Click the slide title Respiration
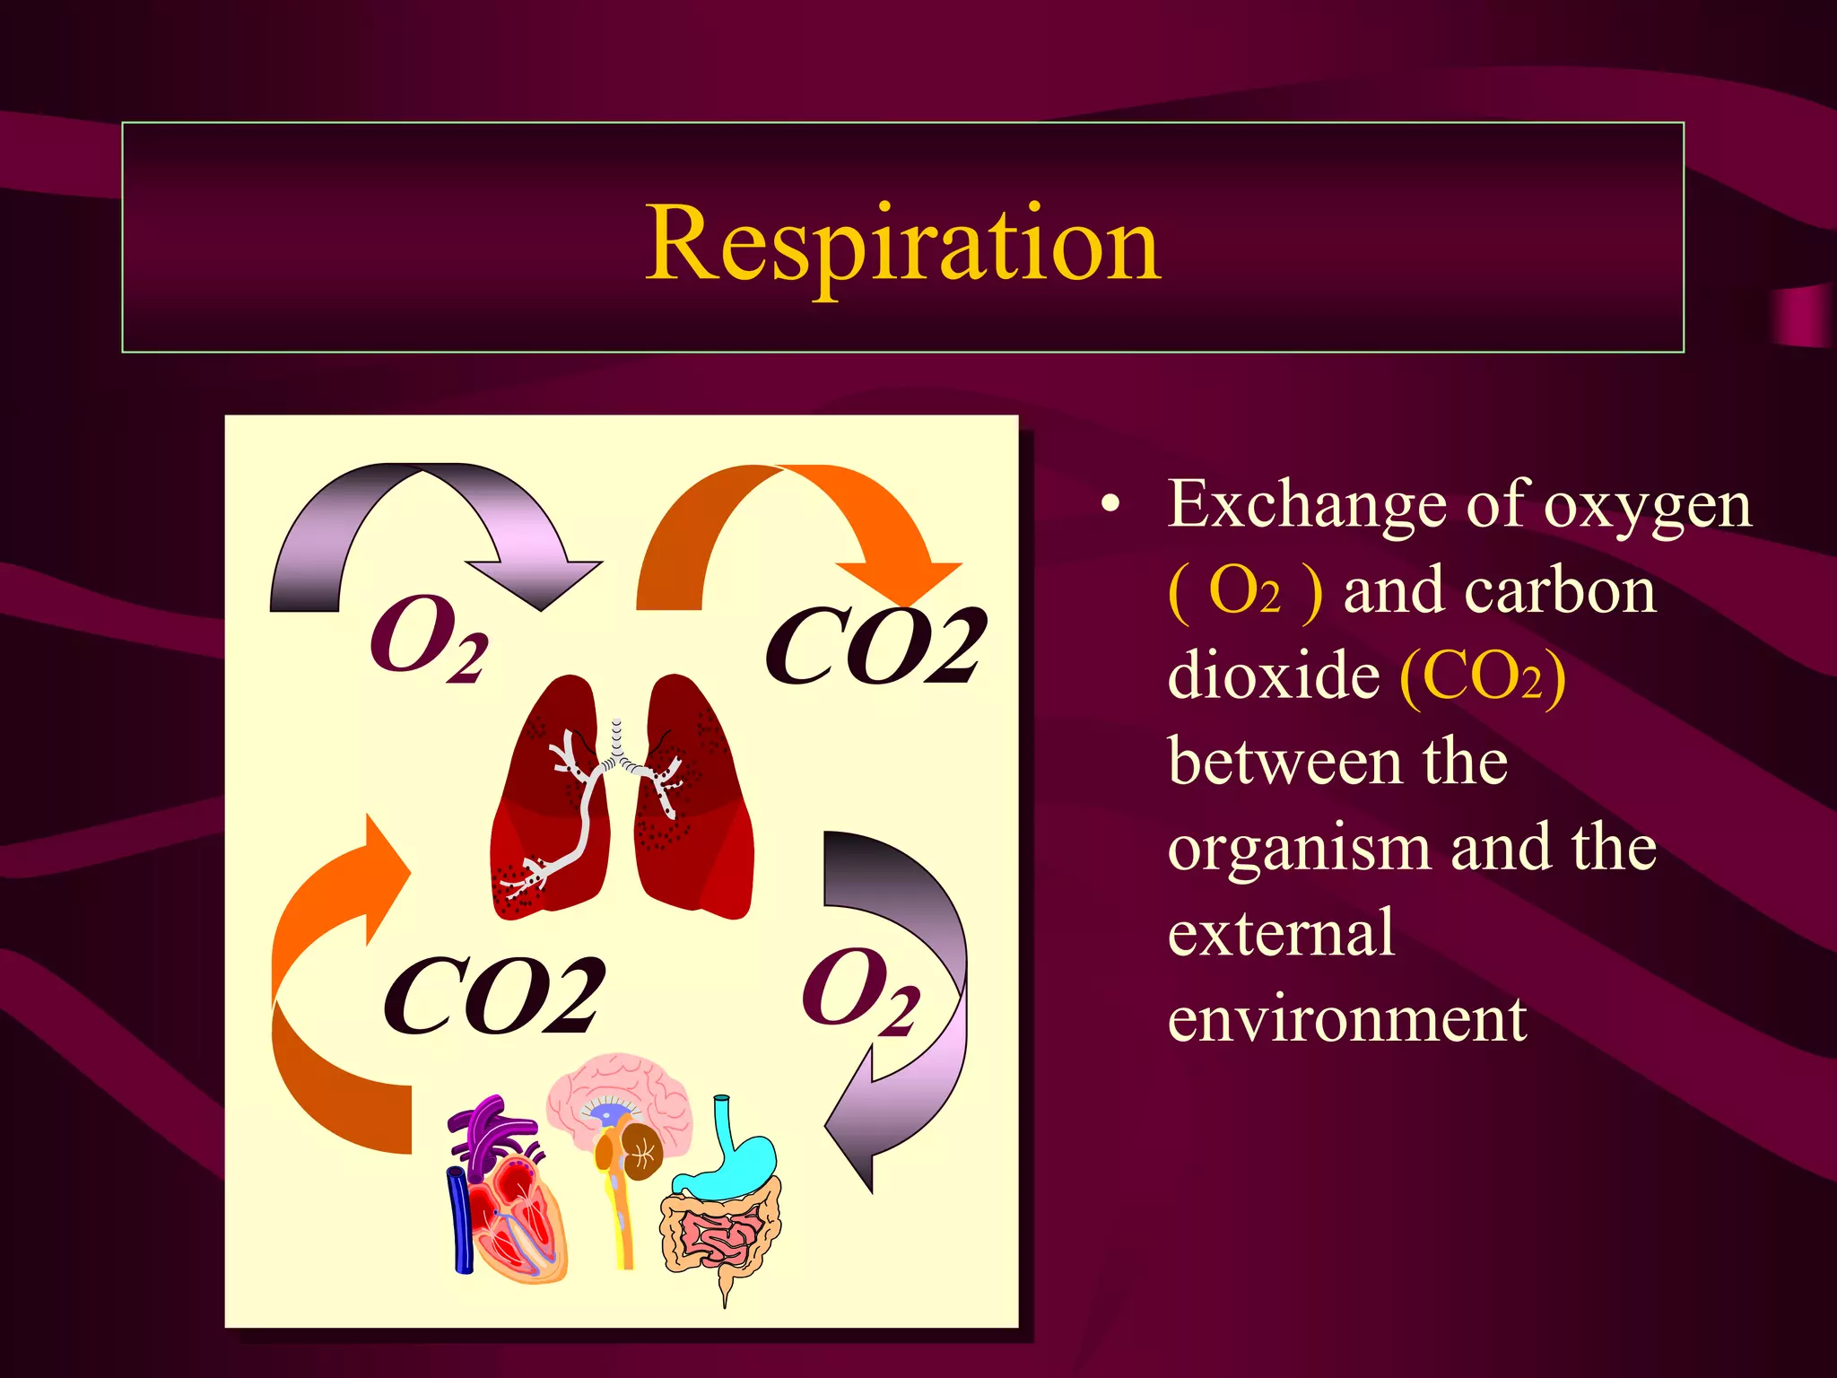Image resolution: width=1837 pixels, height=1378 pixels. click(x=903, y=242)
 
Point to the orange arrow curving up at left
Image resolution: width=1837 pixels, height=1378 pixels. click(x=323, y=987)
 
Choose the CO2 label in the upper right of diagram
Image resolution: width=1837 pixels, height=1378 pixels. click(x=875, y=646)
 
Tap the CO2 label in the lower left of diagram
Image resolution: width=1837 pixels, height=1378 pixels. click(x=493, y=996)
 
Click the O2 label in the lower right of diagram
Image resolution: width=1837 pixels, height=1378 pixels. click(x=859, y=991)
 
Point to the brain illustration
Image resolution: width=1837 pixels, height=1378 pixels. click(x=619, y=1112)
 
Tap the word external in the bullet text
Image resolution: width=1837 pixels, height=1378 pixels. click(x=1281, y=933)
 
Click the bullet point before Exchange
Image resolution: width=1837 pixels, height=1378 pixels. click(x=1111, y=505)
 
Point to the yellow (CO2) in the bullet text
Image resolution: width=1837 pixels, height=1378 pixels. click(x=1483, y=676)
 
